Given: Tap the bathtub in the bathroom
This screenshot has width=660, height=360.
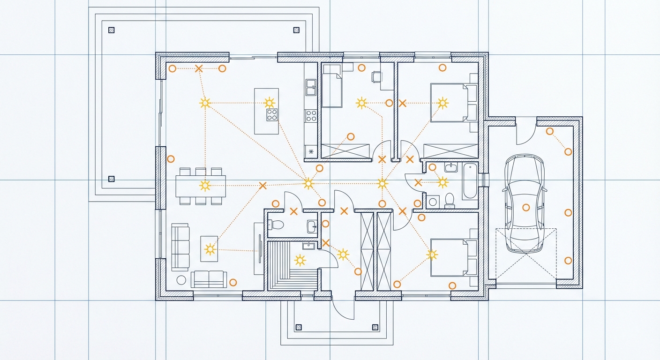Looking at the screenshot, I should point(470,181).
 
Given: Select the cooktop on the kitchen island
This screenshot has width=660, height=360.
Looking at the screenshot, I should point(272,115).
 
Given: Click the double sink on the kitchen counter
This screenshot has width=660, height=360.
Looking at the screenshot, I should point(311,87).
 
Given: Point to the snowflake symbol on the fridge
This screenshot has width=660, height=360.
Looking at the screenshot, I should point(311,151).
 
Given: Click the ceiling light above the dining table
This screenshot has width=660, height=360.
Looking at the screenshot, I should point(205,186).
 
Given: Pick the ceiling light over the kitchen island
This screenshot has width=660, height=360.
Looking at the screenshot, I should point(269,103).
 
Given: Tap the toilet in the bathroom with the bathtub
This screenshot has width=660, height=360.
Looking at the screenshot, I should point(450,200).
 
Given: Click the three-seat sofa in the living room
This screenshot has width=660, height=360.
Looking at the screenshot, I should point(180,247).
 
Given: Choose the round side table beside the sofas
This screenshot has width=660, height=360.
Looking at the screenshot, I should point(181,280).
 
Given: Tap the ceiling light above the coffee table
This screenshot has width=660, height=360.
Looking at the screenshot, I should point(210,249).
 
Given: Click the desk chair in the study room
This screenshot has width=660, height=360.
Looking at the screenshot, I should point(376,76).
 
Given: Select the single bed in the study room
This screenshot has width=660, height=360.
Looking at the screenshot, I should point(332,87).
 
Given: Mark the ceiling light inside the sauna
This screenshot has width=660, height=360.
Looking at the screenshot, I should point(300,260).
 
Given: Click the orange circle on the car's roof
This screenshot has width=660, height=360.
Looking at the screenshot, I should point(525,207).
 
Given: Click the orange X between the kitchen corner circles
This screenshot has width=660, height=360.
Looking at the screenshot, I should point(199,68).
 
